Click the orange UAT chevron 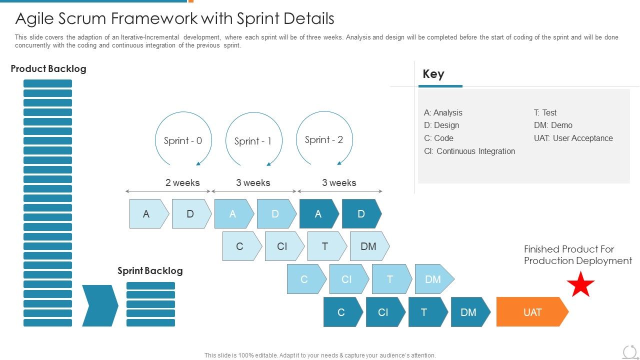[532, 312]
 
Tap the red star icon [580, 285]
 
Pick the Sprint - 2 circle [324, 139]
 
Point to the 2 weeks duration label [182, 182]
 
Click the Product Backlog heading [48, 69]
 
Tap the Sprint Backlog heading [150, 270]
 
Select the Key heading [433, 74]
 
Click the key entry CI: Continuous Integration [469, 151]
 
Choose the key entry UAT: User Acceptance [573, 138]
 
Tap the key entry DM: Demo [553, 125]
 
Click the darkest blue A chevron [318, 214]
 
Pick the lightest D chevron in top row [190, 214]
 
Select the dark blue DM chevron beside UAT [468, 312]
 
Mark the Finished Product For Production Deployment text [577, 254]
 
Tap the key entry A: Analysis [443, 112]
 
